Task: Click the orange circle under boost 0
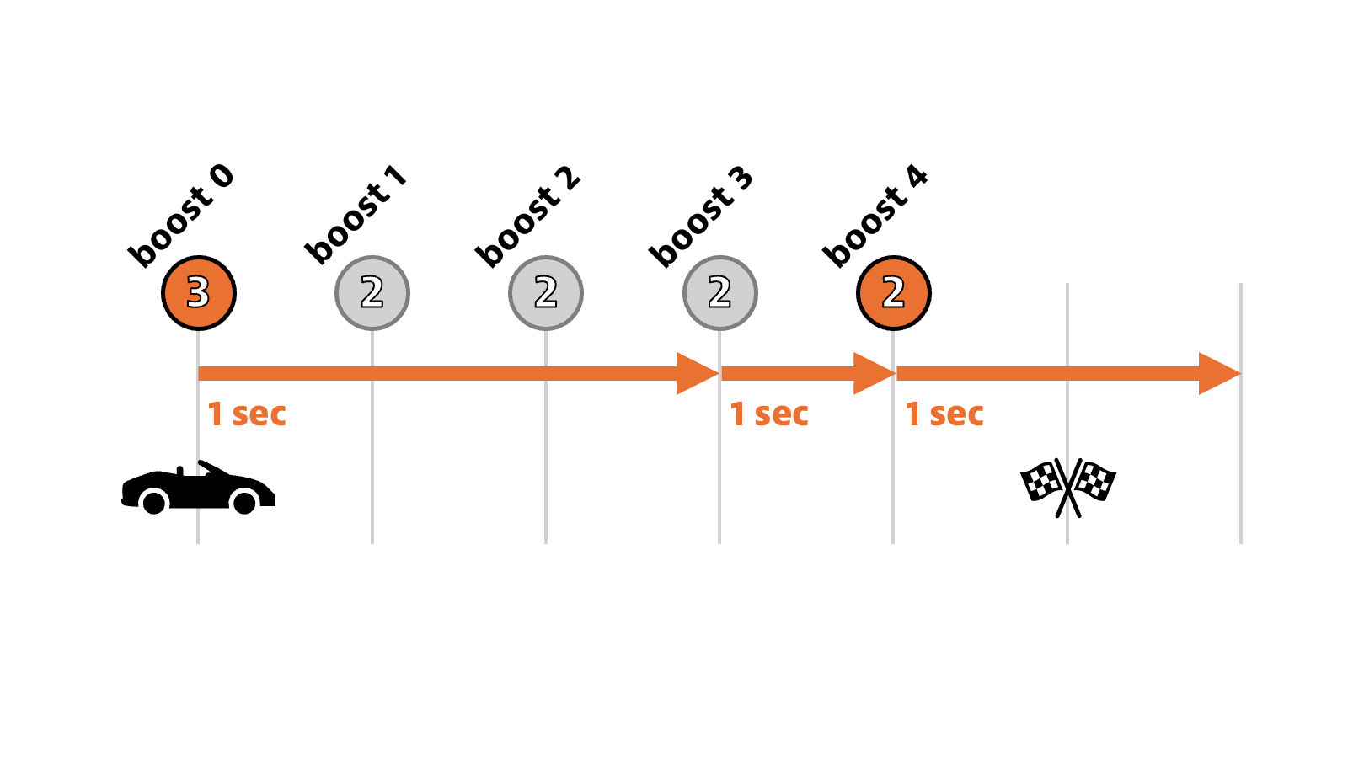click(x=199, y=293)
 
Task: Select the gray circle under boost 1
click(x=372, y=293)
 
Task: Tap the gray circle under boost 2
click(x=546, y=293)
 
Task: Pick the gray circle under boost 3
click(x=719, y=293)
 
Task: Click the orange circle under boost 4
click(x=893, y=293)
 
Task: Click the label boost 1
click(x=356, y=216)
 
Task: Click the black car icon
click(x=198, y=488)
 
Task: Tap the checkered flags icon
click(x=1067, y=487)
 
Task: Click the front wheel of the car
click(x=244, y=503)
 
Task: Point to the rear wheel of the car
click(x=154, y=503)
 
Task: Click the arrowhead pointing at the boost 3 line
click(x=697, y=373)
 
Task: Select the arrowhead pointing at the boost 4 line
click(x=873, y=373)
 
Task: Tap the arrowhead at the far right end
click(x=1218, y=373)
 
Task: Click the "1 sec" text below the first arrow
click(x=247, y=414)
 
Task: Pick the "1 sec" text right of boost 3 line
click(x=769, y=414)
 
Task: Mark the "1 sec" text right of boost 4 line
click(x=944, y=414)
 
